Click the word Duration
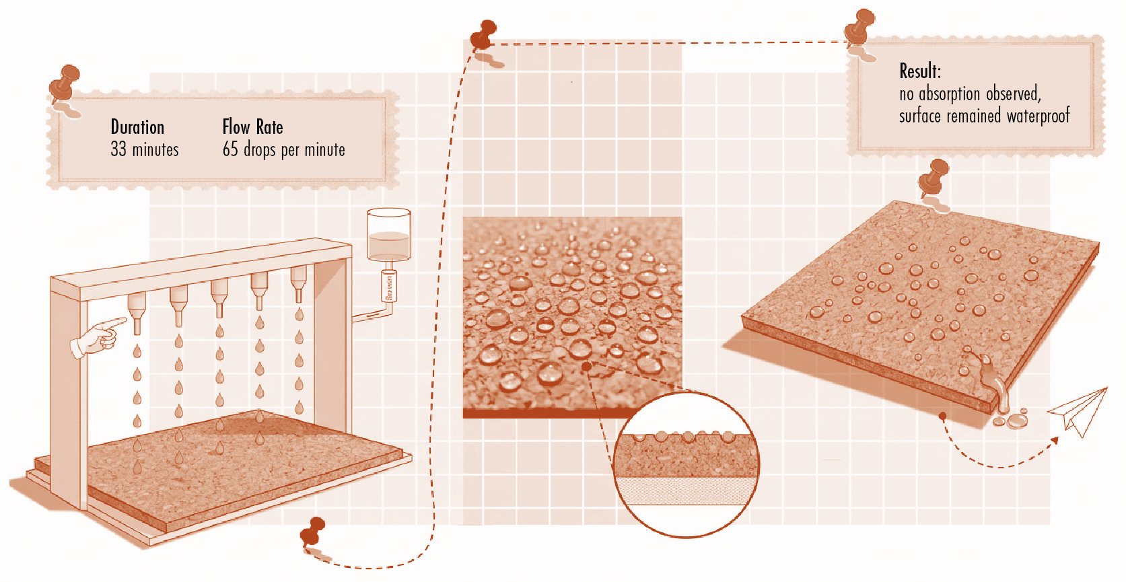137,127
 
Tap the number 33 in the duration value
118,149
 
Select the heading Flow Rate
253,127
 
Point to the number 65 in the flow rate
230,149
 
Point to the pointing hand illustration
98,336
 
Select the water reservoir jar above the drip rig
388,235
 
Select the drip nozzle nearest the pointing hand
137,313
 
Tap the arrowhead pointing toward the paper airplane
1053,441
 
